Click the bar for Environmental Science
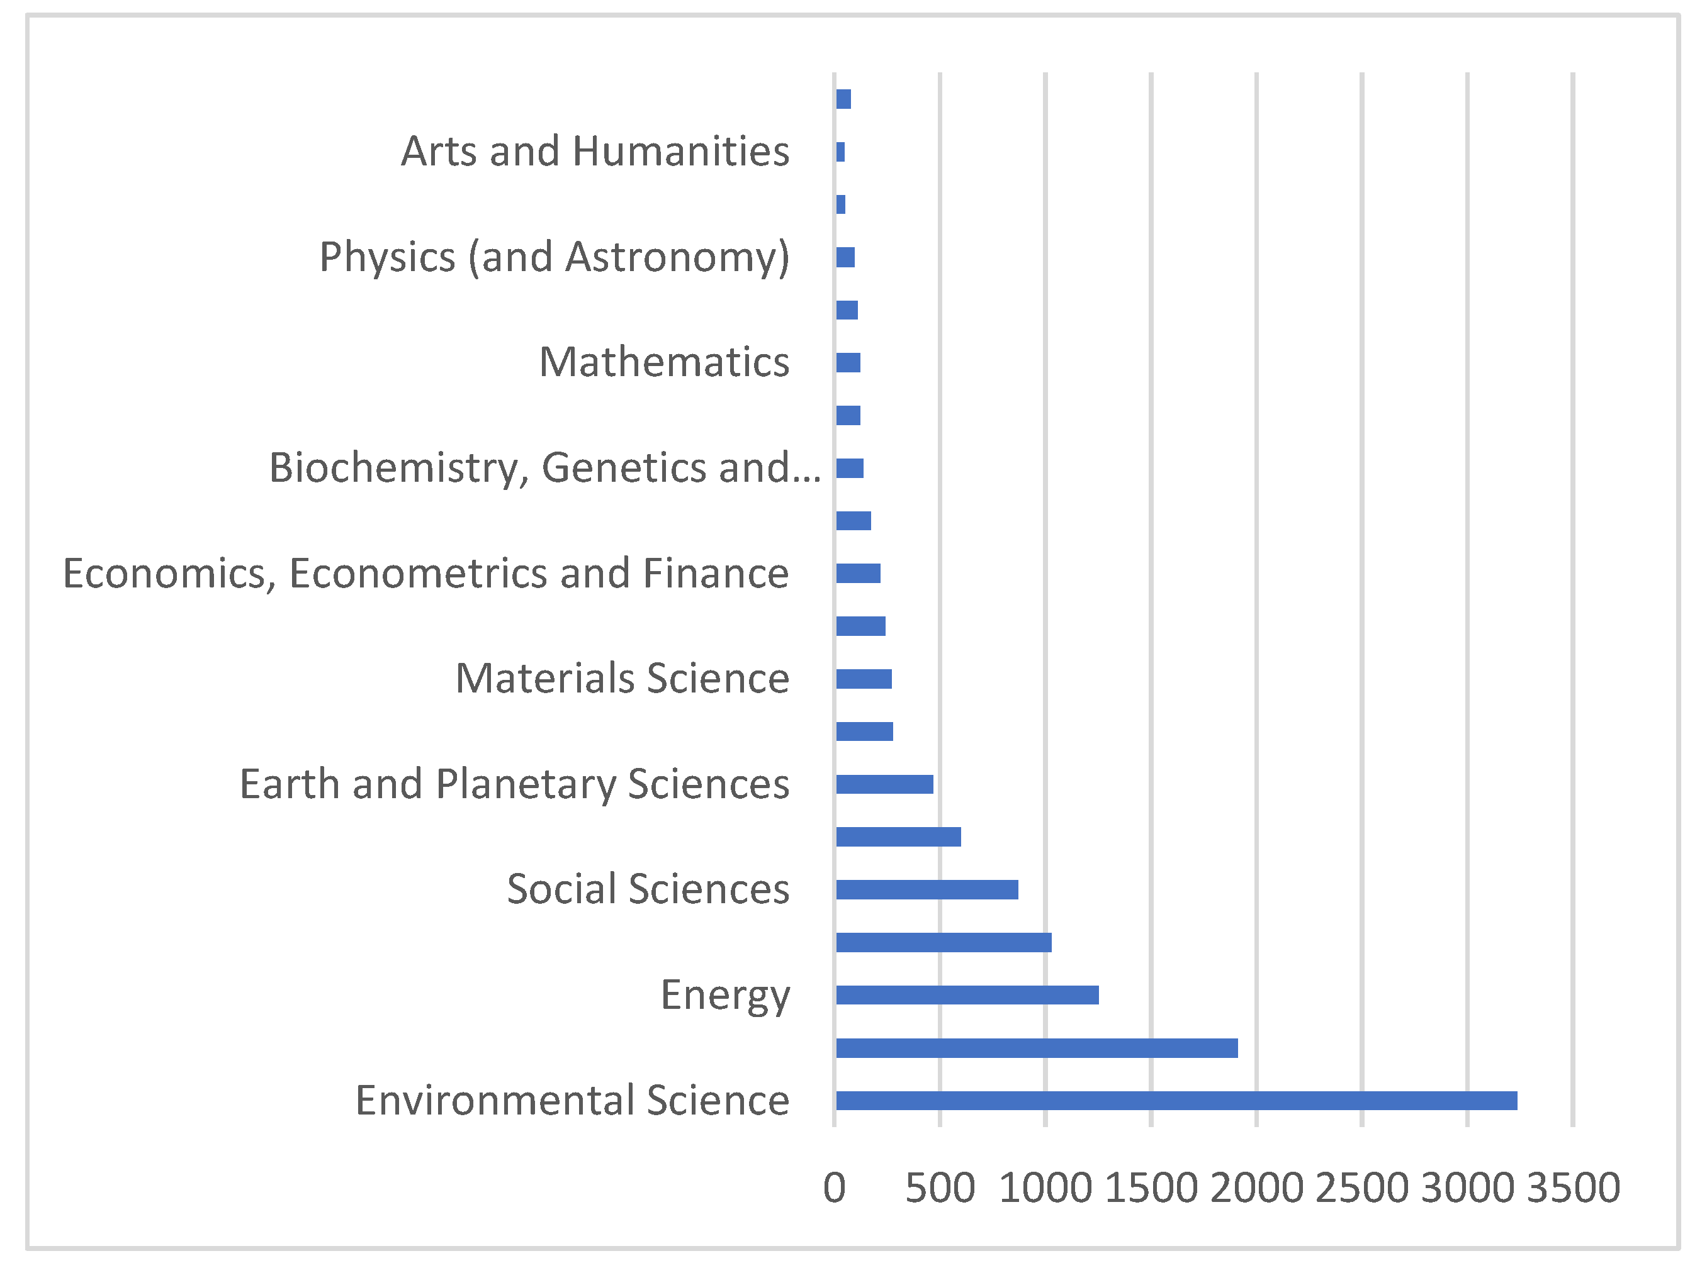[1176, 1100]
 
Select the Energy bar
[967, 995]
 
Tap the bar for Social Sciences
[926, 889]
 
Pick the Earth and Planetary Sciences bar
[884, 784]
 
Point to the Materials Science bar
[863, 679]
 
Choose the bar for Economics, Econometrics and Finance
[858, 574]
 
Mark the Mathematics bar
[848, 362]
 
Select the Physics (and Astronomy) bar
[845, 257]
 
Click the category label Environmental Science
[572, 1100]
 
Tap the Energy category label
[725, 996]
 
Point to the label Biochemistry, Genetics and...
[544, 467]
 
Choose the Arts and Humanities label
[595, 150]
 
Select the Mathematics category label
[664, 362]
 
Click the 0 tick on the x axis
[834, 1187]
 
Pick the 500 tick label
[940, 1187]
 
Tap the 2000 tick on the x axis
[1256, 1187]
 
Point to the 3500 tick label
[1573, 1187]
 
